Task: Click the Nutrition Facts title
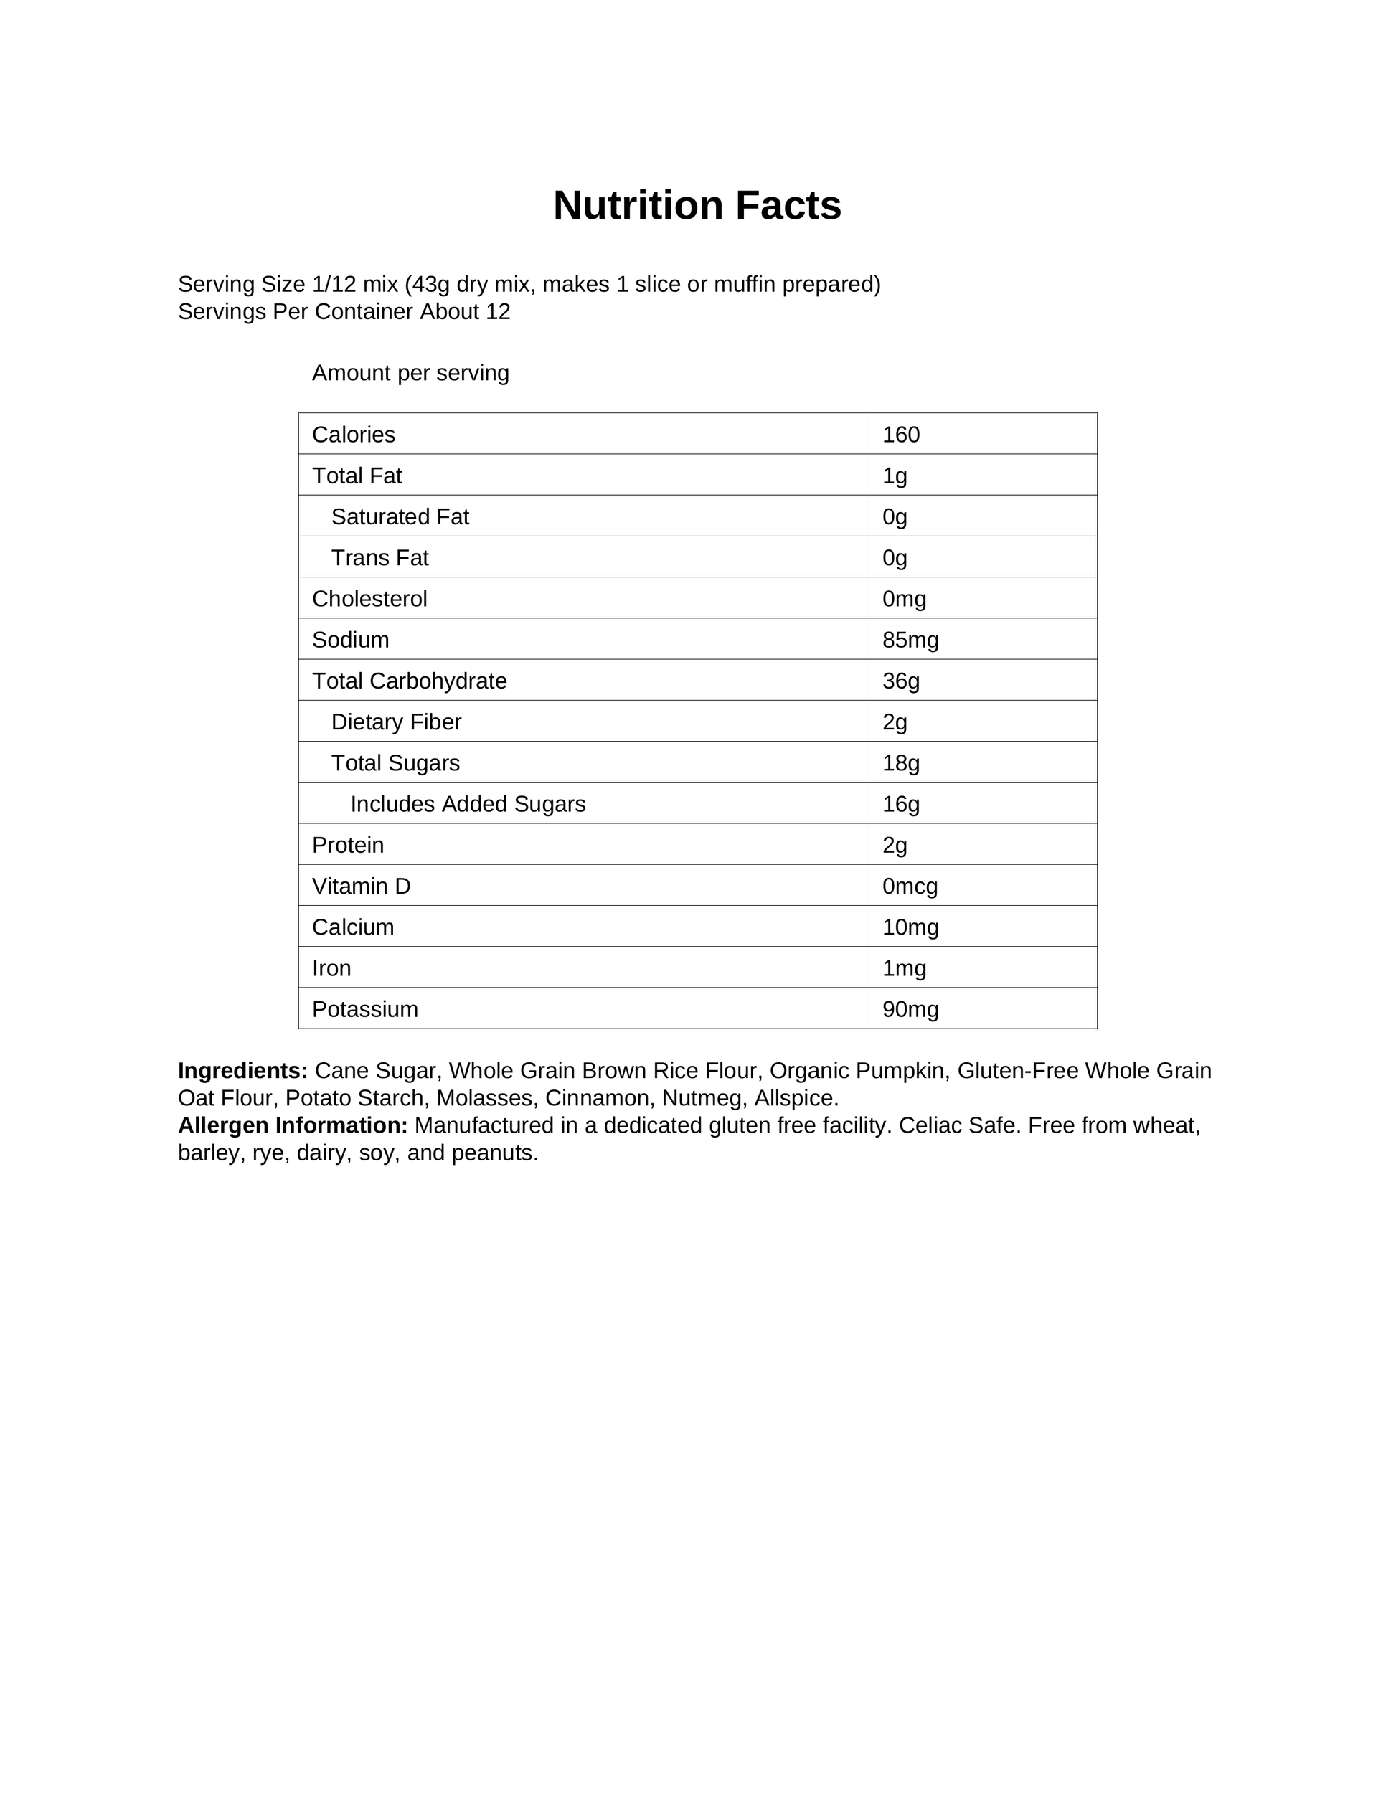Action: pos(697,205)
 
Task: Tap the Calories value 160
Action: pos(900,434)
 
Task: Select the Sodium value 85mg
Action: pos(910,639)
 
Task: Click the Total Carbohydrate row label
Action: pos(410,681)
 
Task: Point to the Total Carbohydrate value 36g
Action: pos(900,681)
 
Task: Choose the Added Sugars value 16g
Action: pos(900,804)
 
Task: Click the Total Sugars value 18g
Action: pos(900,762)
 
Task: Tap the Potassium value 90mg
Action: pos(910,1009)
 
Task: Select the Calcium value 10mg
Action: pos(910,927)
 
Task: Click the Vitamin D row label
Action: pos(361,886)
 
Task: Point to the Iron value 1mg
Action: pos(904,968)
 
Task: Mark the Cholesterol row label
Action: pos(369,599)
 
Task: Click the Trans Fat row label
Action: pos(379,557)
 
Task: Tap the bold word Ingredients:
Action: pos(242,1070)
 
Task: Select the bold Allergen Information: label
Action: pos(293,1125)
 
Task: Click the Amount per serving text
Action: pos(410,373)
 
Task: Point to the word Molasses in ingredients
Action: pos(484,1097)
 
